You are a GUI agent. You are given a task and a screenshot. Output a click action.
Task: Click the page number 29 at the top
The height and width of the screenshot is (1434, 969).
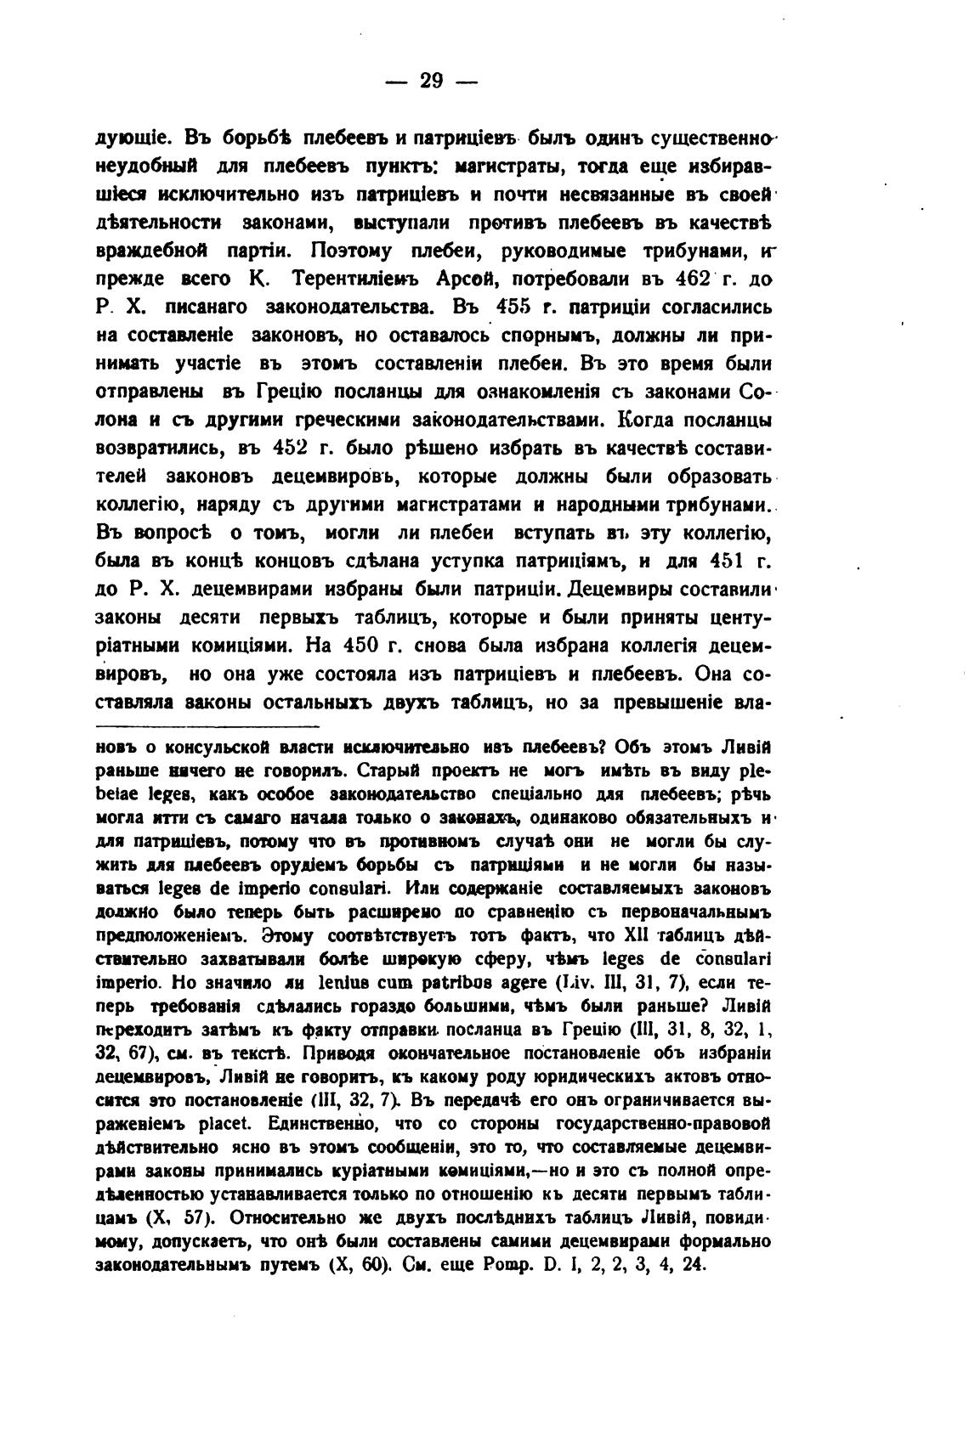[432, 81]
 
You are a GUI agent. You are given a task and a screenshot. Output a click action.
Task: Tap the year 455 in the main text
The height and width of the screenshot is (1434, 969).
[518, 308]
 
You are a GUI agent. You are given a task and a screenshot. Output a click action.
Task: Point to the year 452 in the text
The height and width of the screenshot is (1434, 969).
[295, 448]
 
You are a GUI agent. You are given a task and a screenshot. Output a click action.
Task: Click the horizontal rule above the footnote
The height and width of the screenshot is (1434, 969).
[207, 726]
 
